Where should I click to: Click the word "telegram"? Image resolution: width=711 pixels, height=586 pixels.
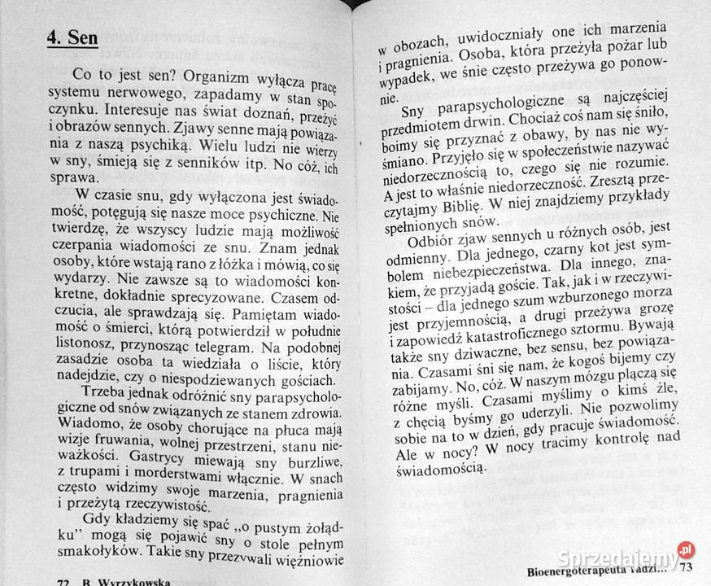tap(247, 300)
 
